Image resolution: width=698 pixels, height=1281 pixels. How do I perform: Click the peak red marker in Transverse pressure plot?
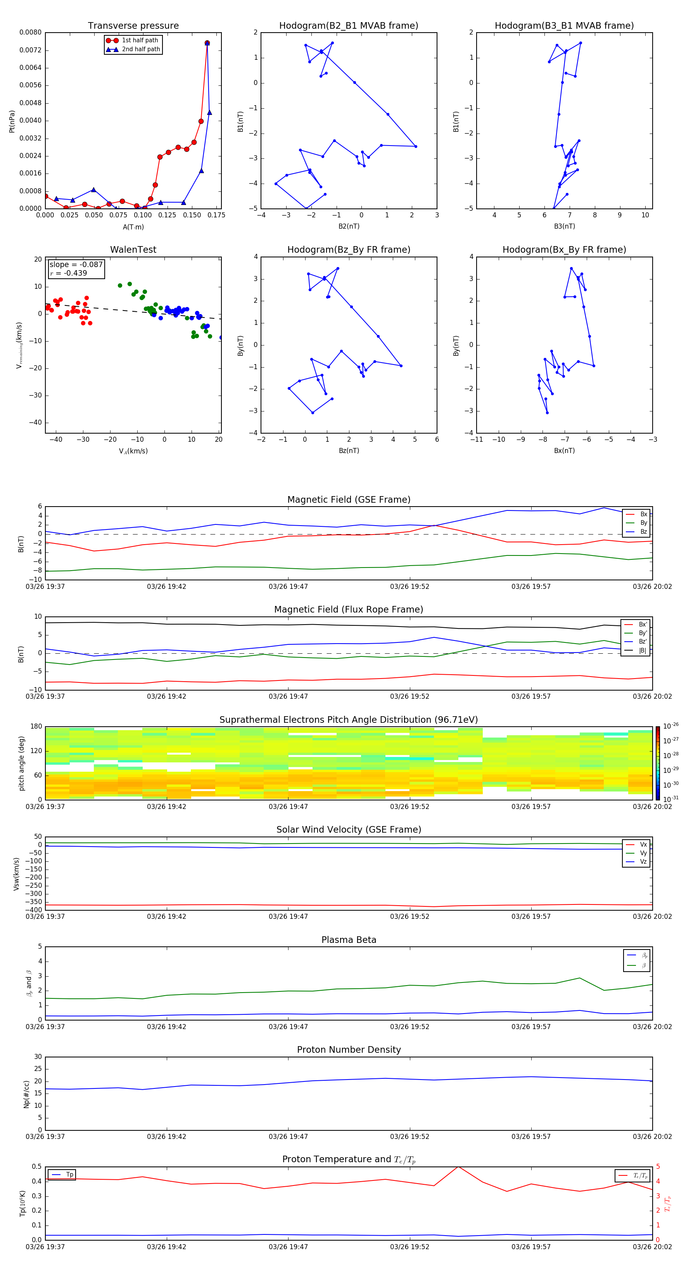[x=207, y=43]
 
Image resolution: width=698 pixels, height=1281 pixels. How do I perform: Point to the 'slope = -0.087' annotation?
[x=76, y=265]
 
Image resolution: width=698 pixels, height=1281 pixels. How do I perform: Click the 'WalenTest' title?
[x=133, y=250]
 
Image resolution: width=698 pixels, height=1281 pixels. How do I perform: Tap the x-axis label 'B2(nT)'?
[x=349, y=226]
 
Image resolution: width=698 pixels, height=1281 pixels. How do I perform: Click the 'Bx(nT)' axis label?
[x=564, y=451]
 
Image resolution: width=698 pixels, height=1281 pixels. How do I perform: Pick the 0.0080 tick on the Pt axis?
[x=30, y=32]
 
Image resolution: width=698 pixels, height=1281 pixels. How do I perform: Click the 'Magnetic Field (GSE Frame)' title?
[x=349, y=500]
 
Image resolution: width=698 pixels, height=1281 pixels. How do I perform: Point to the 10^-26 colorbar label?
[x=671, y=726]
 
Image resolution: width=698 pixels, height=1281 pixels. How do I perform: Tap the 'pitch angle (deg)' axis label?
[x=21, y=763]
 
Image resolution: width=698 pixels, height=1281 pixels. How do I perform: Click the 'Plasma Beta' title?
[x=349, y=940]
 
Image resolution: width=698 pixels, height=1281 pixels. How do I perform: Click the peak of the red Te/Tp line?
[x=458, y=1166]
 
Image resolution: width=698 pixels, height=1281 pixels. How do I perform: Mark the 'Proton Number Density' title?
[x=349, y=1050]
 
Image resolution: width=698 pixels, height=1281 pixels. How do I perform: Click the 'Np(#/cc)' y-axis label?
[x=26, y=1094]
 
